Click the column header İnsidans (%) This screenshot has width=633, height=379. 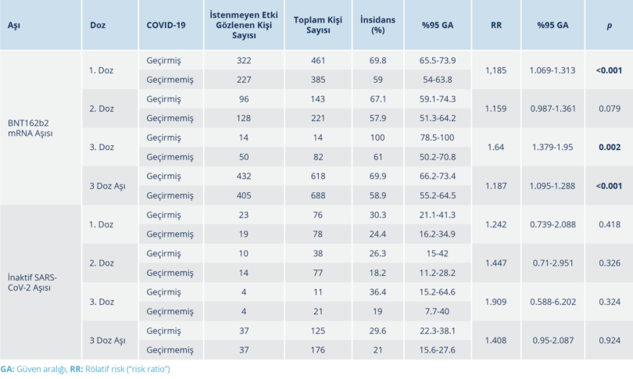pyautogui.click(x=377, y=24)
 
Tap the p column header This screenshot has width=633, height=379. pyautogui.click(x=609, y=25)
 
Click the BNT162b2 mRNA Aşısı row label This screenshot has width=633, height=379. pyautogui.click(x=30, y=128)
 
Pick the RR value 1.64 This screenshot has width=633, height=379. pyautogui.click(x=496, y=147)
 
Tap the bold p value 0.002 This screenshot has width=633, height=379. pyautogui.click(x=608, y=147)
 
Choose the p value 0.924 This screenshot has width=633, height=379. pyautogui.click(x=608, y=340)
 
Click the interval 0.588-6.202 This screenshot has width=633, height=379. pyautogui.click(x=555, y=302)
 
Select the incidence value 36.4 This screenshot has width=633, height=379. pyautogui.click(x=377, y=291)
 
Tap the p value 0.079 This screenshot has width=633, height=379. pyautogui.click(x=608, y=109)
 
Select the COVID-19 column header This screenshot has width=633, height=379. pyautogui.click(x=166, y=25)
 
